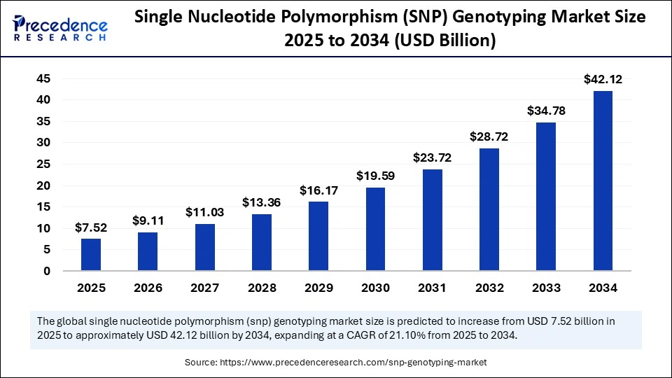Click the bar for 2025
pyautogui.click(x=91, y=254)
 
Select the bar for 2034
pyautogui.click(x=603, y=181)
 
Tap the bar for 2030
pyautogui.click(x=376, y=228)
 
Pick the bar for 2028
pyautogui.click(x=262, y=241)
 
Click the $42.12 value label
pyautogui.click(x=603, y=80)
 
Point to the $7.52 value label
pyautogui.click(x=91, y=227)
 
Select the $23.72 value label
pyautogui.click(x=433, y=158)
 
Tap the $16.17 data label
pyautogui.click(x=318, y=190)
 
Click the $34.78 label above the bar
pyautogui.click(x=546, y=111)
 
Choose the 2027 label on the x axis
pyautogui.click(x=204, y=288)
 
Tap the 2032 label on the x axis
pyautogui.click(x=489, y=288)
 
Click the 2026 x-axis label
pyautogui.click(x=148, y=288)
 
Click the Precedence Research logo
pyautogui.click(x=59, y=27)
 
